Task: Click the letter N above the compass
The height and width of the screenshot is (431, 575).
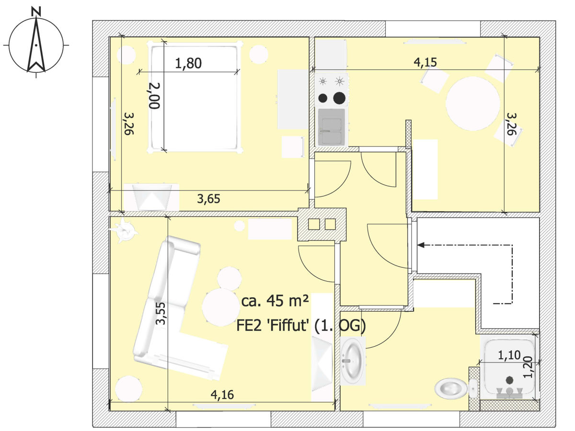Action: [36, 12]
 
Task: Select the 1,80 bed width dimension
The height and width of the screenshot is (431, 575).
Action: [188, 63]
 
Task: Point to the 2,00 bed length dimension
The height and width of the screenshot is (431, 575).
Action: [155, 95]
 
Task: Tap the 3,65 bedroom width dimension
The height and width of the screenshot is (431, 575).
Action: [208, 199]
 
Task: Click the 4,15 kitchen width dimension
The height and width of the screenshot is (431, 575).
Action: [425, 62]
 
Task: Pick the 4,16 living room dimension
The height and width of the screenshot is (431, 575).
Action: [222, 395]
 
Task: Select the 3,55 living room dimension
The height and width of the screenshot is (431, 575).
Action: [161, 314]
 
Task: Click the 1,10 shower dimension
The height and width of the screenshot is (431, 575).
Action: [509, 355]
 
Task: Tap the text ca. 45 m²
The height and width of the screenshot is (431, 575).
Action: [275, 301]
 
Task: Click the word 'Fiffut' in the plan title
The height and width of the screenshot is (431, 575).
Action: [287, 326]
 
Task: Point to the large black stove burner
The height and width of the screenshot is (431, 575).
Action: [339, 98]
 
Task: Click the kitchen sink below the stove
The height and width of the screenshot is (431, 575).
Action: [332, 127]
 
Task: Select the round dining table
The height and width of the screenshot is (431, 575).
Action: [473, 103]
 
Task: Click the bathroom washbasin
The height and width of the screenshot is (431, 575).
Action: [353, 361]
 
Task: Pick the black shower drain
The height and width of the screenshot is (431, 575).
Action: [509, 379]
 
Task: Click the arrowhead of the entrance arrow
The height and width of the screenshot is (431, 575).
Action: [420, 245]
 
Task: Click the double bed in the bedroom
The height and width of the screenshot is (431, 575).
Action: [195, 97]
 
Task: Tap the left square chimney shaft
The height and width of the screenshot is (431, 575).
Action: [314, 224]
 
